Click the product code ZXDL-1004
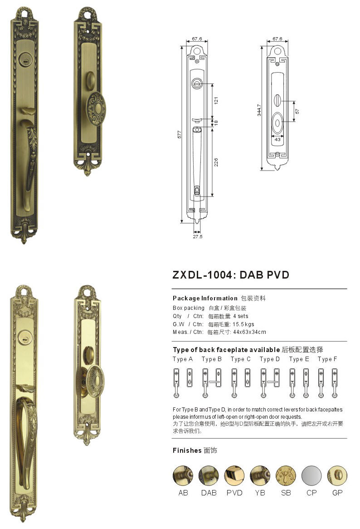202,275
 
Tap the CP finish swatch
311,475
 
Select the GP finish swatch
337,475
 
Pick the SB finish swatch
286,475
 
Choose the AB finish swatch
183,475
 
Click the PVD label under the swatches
234,493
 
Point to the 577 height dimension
180,134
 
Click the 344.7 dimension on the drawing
259,110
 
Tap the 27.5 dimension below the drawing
198,236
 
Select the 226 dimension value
216,162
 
